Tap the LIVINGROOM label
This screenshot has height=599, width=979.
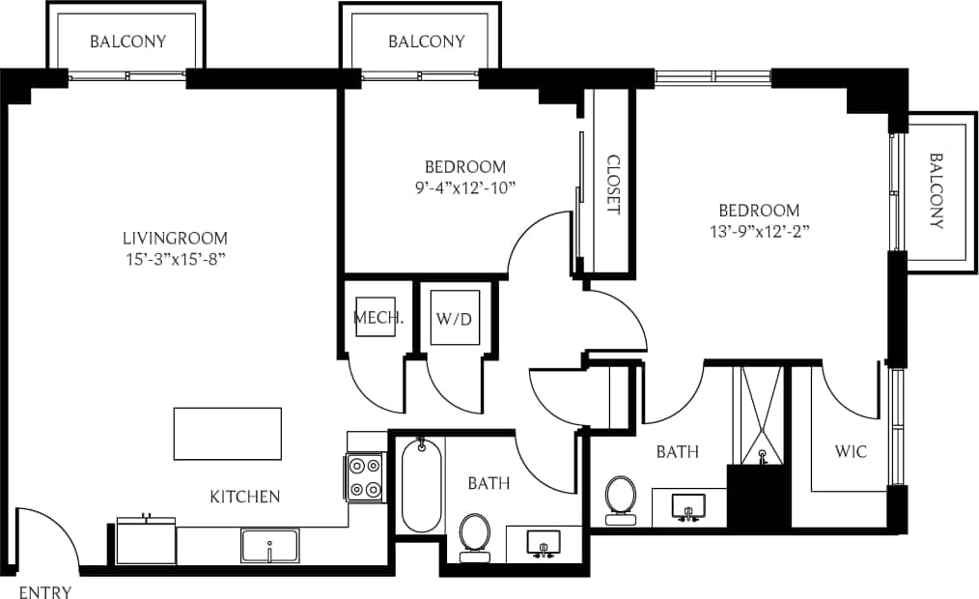pyautogui.click(x=175, y=238)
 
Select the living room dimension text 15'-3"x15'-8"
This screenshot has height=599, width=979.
pyautogui.click(x=175, y=259)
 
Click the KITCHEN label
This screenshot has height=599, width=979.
pyautogui.click(x=245, y=497)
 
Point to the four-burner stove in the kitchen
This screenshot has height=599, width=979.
pyautogui.click(x=365, y=476)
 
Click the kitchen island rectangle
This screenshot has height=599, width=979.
pyautogui.click(x=228, y=434)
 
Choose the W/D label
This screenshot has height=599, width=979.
pyautogui.click(x=453, y=318)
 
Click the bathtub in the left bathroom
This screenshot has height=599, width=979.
pyautogui.click(x=420, y=485)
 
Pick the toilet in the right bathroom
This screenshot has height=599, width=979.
pyautogui.click(x=619, y=496)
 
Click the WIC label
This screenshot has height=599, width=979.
pyautogui.click(x=851, y=451)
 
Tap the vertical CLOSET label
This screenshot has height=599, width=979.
pyautogui.click(x=612, y=185)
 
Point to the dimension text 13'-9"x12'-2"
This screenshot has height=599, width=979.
pyautogui.click(x=758, y=231)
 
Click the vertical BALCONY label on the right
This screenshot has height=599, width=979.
pyautogui.click(x=936, y=190)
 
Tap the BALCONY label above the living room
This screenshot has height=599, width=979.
pyautogui.click(x=127, y=42)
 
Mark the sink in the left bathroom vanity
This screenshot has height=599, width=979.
pyautogui.click(x=543, y=545)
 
